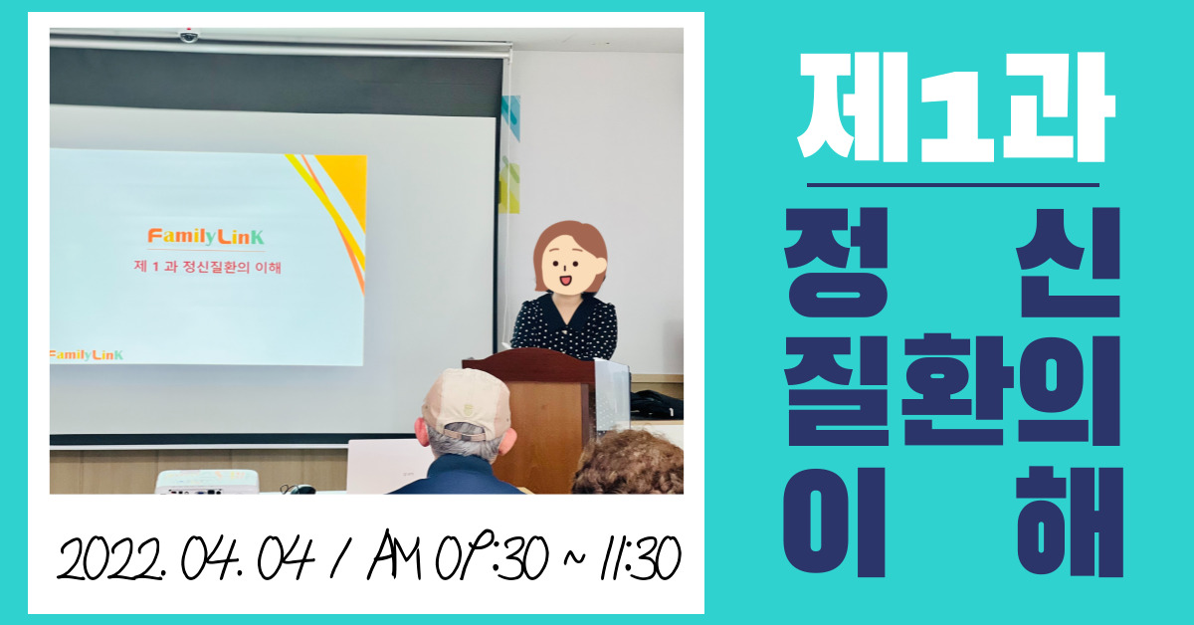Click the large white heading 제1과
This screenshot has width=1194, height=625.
click(957, 106)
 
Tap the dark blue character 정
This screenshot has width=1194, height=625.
click(837, 263)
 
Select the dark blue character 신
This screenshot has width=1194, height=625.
click(1068, 263)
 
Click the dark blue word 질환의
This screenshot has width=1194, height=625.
click(952, 390)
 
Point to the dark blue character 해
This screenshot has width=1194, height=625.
click(1070, 521)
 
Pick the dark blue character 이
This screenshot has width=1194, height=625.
click(834, 521)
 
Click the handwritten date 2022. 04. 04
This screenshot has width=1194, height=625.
click(186, 557)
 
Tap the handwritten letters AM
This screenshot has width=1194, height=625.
click(394, 554)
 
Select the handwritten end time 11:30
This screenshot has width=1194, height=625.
click(641, 558)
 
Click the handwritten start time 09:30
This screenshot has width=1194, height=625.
click(492, 556)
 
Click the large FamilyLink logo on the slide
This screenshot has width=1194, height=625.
click(206, 236)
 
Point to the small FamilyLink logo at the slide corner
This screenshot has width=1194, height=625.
click(87, 354)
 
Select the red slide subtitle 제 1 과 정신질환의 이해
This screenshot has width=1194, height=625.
click(207, 266)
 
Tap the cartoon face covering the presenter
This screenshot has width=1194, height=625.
click(570, 258)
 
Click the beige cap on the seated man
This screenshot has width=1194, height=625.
click(466, 403)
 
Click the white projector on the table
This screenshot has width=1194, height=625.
click(207, 481)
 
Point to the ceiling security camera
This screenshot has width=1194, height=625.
click(188, 35)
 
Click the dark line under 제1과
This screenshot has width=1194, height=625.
click(953, 185)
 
